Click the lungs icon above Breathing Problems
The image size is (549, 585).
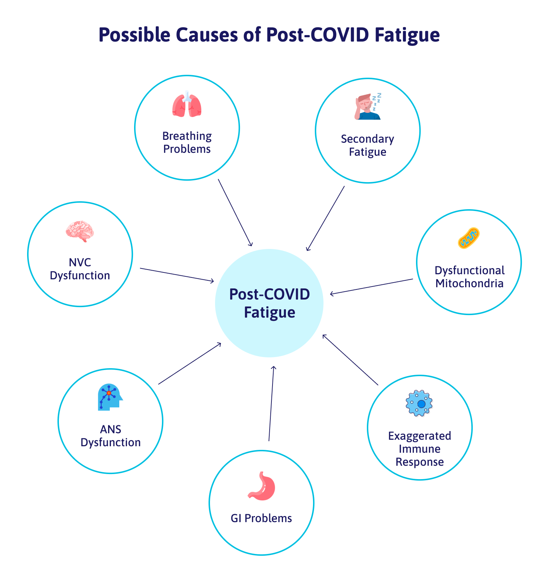pos(186,104)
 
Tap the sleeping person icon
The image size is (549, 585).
pos(368,106)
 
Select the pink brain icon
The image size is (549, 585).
pos(80,231)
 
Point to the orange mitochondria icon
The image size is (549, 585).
pos(469,238)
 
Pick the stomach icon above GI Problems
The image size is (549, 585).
pos(262,486)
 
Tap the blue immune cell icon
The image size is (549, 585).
pos(419,403)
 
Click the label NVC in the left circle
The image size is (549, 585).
pos(80,262)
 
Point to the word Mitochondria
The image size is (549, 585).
pos(469,283)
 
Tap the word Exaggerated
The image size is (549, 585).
pos(420,436)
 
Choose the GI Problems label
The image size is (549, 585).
pos(261,518)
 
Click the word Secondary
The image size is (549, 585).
pos(368,139)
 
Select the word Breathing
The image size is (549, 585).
pos(187,136)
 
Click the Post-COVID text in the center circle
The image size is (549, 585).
pos(270,294)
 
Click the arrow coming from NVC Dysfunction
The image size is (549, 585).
pos(177,275)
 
